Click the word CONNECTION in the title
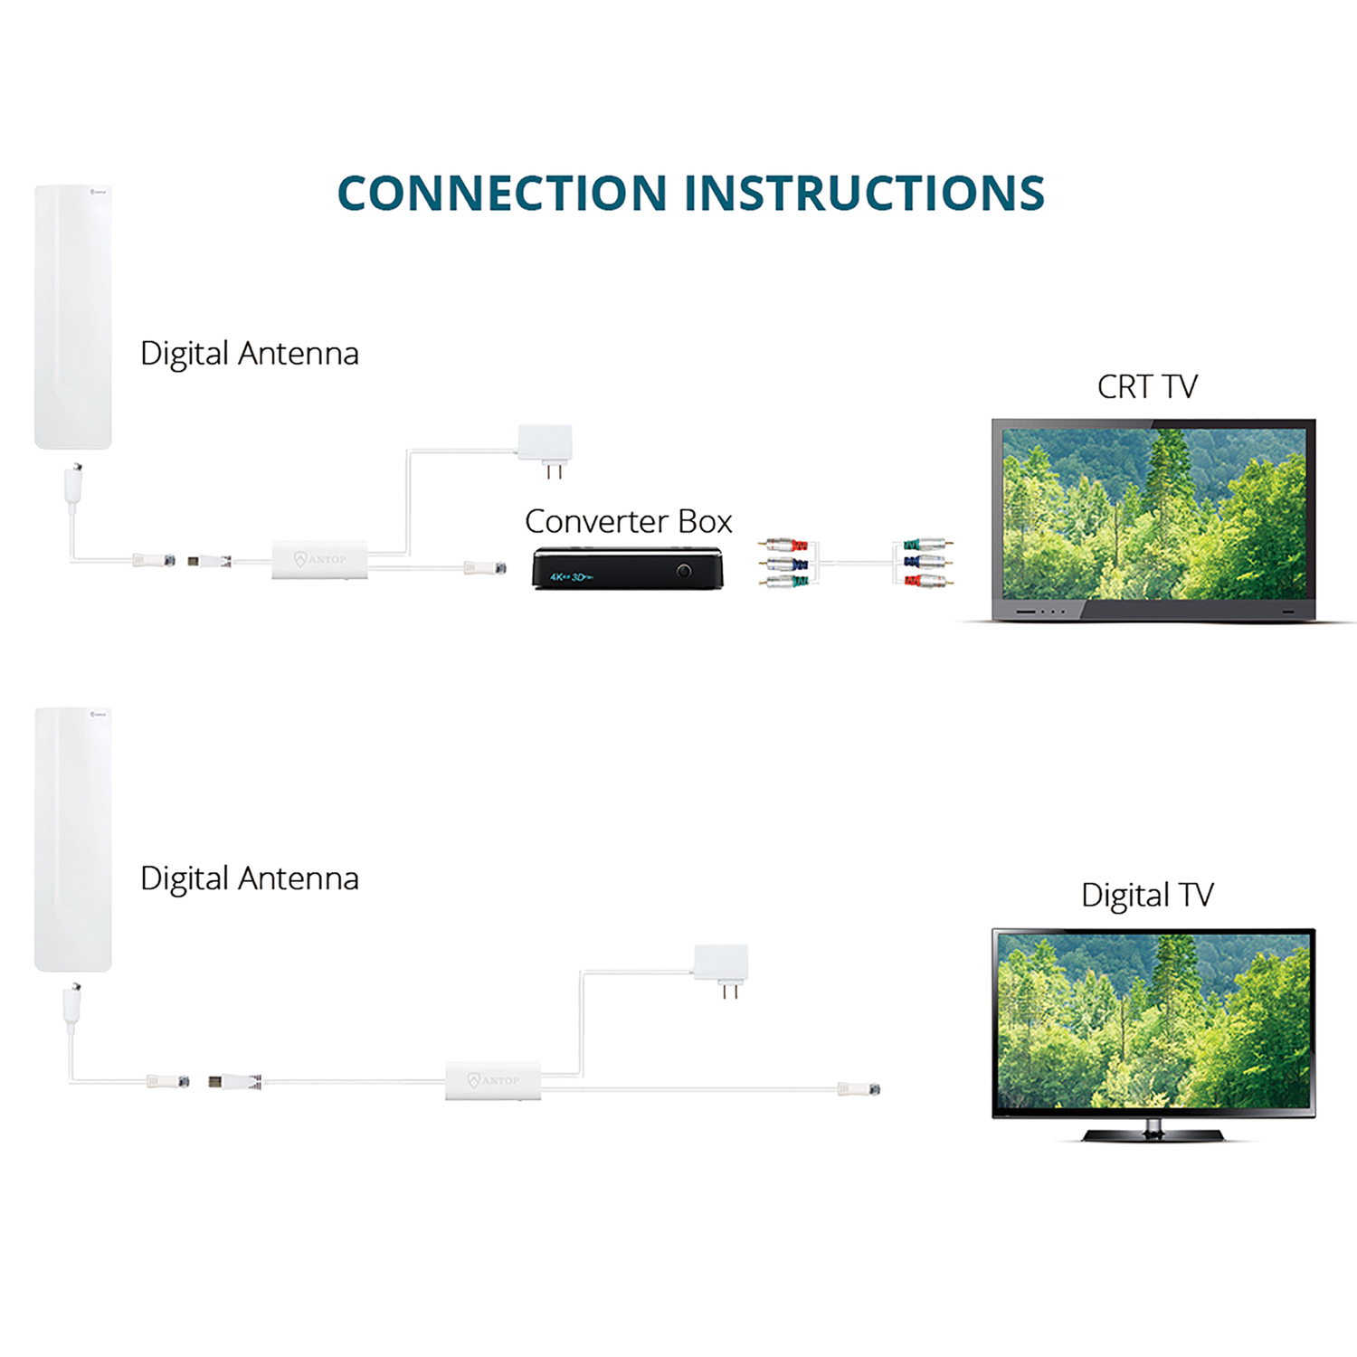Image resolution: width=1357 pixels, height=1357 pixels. coord(502,194)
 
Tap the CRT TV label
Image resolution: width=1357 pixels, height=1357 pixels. coord(1146,387)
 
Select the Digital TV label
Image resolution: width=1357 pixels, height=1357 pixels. coord(1146,896)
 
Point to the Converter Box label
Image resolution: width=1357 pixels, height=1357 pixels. coord(628,522)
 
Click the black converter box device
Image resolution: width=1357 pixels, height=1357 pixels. coord(628,569)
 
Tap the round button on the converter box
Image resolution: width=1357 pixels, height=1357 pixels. coord(684,571)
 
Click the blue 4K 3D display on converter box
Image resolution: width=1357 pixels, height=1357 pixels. coord(570,576)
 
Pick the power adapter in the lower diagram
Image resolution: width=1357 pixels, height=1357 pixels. coord(721,963)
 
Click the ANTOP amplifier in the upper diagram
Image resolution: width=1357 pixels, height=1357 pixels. coord(320,559)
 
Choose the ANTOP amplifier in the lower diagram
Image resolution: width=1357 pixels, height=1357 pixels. coord(493,1080)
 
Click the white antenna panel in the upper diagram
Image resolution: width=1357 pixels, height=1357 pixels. coord(73,317)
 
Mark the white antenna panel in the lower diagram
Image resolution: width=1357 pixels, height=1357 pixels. coord(73,840)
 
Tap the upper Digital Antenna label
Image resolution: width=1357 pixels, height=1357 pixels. coord(250,354)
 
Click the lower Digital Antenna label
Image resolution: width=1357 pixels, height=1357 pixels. coord(250,878)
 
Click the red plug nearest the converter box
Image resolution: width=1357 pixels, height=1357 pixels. coord(797,546)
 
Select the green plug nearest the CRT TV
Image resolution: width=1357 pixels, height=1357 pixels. coord(912,546)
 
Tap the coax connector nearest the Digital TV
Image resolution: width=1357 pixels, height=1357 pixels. coord(860,1089)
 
